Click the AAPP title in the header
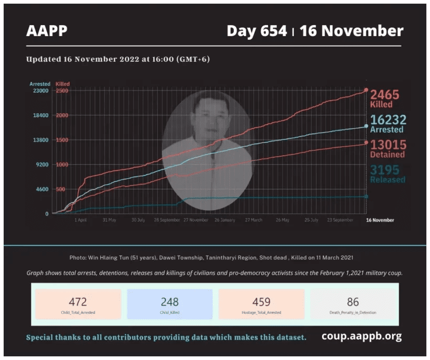click(47, 31)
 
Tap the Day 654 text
click(256, 31)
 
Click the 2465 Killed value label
click(385, 99)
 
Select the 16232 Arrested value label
click(387, 124)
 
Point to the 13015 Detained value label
click(388, 149)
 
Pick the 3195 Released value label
click(388, 174)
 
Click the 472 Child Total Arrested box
click(78, 304)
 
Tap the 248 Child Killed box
click(169, 304)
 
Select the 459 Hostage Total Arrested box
click(261, 304)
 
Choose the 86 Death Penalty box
click(353, 304)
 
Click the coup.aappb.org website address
click(362, 336)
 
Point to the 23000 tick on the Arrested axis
click(40, 91)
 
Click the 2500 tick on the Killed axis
click(62, 91)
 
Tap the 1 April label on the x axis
click(80, 220)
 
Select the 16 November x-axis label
click(379, 220)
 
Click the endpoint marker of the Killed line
click(366, 90)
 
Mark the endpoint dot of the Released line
click(366, 197)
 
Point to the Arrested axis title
click(40, 84)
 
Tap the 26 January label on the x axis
click(224, 220)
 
